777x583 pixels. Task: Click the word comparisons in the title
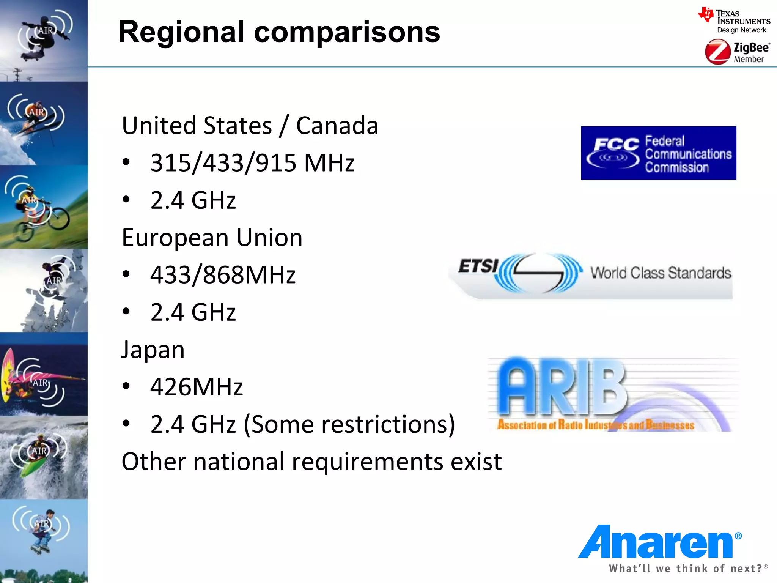[x=347, y=32]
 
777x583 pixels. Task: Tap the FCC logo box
[x=658, y=153]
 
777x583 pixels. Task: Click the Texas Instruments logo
[x=734, y=20]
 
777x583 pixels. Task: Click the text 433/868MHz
[x=223, y=275]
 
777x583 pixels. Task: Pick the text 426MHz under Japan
[x=197, y=387]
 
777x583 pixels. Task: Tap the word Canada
[x=337, y=126]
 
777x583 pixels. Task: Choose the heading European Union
[x=212, y=238]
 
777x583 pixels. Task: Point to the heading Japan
[x=153, y=350]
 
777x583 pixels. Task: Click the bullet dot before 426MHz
[x=126, y=386]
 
